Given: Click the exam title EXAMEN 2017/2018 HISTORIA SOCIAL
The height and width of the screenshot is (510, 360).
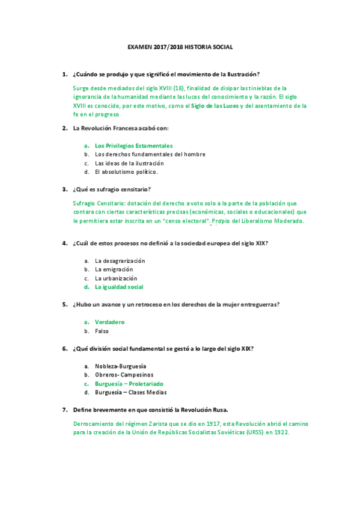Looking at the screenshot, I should click(x=180, y=47).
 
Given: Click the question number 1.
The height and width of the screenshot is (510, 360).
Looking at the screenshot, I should click(x=64, y=75).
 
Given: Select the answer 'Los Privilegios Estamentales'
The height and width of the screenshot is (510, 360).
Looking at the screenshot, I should click(x=133, y=146).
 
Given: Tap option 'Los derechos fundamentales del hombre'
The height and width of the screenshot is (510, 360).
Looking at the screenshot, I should click(x=150, y=154).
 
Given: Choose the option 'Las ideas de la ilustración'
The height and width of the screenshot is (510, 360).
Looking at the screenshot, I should click(x=129, y=163).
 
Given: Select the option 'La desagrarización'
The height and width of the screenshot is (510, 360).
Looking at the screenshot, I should click(x=120, y=260).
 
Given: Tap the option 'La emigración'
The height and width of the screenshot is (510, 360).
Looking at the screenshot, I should click(x=114, y=269).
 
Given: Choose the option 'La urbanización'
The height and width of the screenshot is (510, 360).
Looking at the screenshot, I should click(x=116, y=278).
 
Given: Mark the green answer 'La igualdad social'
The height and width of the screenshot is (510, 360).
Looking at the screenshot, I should click(x=119, y=287).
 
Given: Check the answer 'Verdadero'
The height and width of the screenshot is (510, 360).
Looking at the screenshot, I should click(x=109, y=322).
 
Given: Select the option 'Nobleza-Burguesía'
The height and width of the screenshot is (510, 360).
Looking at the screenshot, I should click(x=120, y=366).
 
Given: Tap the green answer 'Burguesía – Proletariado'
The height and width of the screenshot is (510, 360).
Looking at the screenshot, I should click(x=129, y=383).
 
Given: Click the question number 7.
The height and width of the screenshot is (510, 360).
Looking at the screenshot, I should click(x=64, y=410).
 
